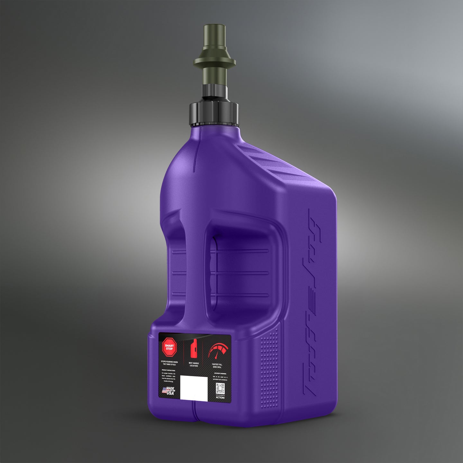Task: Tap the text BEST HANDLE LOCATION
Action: tap(194, 364)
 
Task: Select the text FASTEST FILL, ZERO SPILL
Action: tap(217, 366)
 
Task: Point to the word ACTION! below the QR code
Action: tap(220, 398)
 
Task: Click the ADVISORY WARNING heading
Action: tap(221, 374)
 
